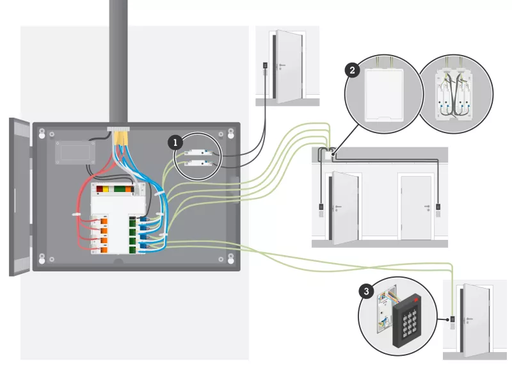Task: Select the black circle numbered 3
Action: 366,292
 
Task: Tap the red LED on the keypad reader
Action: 418,298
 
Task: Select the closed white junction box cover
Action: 382,93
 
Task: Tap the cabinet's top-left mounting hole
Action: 42,134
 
